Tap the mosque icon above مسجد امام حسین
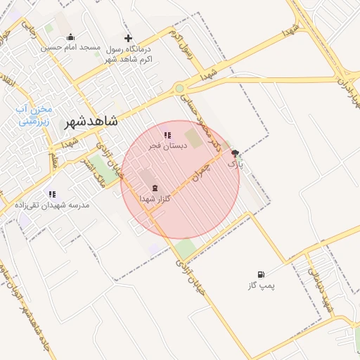point(70,37)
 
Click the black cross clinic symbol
point(128,38)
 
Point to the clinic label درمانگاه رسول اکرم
point(134,55)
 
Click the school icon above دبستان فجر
point(167,135)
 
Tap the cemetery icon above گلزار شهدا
point(154,188)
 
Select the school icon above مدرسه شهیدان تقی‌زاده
point(52,193)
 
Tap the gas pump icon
point(262,274)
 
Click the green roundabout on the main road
point(180,88)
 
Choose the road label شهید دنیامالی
point(326,288)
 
